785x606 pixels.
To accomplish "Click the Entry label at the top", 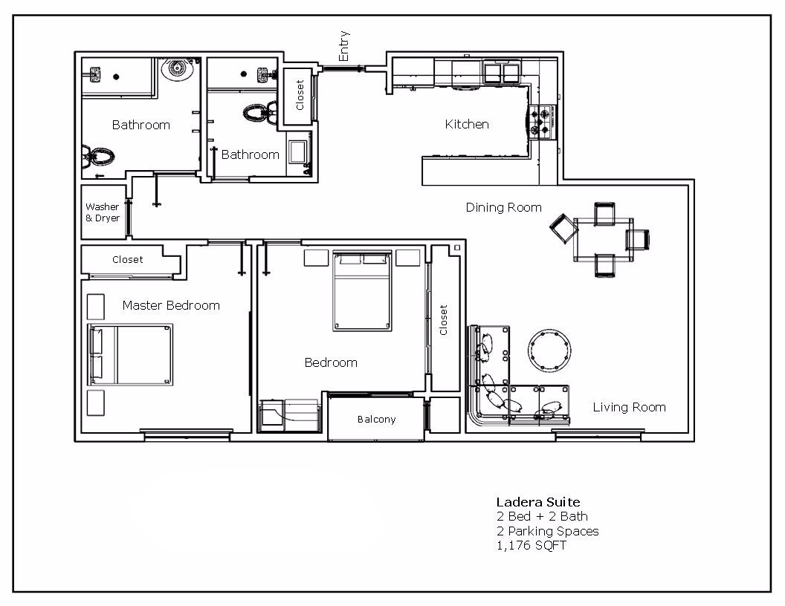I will (343, 46).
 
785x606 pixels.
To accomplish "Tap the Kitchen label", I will (467, 124).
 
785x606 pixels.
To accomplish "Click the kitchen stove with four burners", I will (542, 122).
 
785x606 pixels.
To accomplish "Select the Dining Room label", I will (503, 207).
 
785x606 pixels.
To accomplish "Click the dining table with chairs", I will (603, 239).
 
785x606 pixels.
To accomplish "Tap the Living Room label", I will (629, 407).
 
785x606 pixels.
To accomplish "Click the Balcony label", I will (376, 420).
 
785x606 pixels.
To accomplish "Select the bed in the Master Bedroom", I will (130, 354).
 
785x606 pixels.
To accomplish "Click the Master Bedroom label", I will (171, 305).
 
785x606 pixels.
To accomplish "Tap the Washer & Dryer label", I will (103, 212).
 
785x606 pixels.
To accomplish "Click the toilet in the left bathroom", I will (97, 157).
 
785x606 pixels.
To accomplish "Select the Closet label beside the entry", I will (300, 95).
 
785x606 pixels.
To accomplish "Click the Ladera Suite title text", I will (538, 502).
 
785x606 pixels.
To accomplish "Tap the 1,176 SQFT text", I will (532, 546).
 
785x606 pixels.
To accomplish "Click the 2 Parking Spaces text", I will (547, 531).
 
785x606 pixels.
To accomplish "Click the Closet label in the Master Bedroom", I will (127, 260).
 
